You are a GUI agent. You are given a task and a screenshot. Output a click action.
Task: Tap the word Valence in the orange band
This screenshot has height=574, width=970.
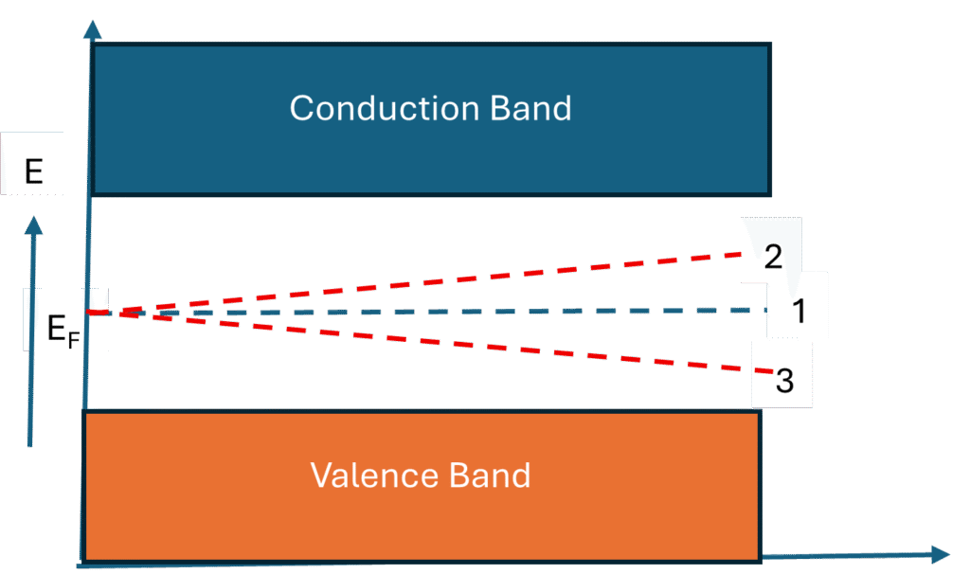click(x=368, y=475)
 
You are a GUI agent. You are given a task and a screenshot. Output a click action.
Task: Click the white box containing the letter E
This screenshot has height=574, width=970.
click(x=33, y=171)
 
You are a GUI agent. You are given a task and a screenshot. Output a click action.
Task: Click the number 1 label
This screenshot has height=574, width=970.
click(x=798, y=310)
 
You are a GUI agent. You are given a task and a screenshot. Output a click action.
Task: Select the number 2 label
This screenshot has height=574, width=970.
click(x=773, y=256)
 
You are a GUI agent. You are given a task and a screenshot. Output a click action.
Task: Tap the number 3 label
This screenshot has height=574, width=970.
click(x=784, y=382)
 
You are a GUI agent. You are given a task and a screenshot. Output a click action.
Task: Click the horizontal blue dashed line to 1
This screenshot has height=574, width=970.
click(x=474, y=311)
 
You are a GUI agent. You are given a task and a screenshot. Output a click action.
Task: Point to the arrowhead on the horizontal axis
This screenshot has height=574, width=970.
click(x=939, y=554)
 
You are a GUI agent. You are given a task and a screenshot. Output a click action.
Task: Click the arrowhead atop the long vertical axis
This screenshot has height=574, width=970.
click(x=92, y=29)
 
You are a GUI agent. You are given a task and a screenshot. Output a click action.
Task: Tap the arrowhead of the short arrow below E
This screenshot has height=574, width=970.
click(x=34, y=225)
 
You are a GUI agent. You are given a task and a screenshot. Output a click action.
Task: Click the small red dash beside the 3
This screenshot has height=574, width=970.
click(x=763, y=372)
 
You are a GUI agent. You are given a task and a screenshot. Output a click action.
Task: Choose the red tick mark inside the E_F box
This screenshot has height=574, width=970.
click(x=98, y=311)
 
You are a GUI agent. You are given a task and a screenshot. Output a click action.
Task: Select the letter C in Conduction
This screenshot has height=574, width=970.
click(x=301, y=108)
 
